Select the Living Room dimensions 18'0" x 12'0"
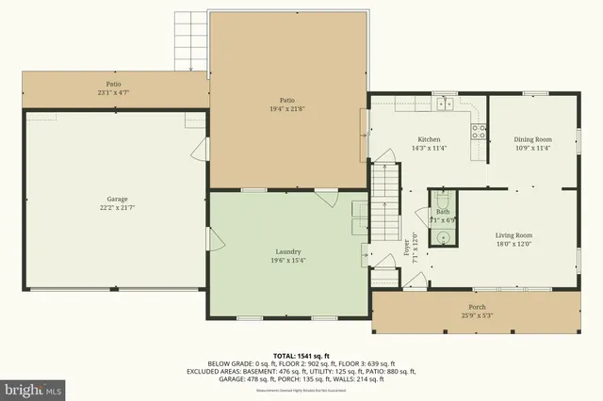(x=514, y=244)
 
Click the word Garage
(x=117, y=200)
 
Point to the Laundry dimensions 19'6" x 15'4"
(x=287, y=261)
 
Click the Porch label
(x=480, y=307)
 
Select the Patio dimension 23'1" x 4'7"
(x=114, y=92)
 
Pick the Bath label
(x=443, y=212)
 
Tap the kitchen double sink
(x=444, y=103)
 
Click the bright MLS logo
(x=33, y=387)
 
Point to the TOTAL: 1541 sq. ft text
(x=301, y=355)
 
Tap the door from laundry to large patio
(x=326, y=197)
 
